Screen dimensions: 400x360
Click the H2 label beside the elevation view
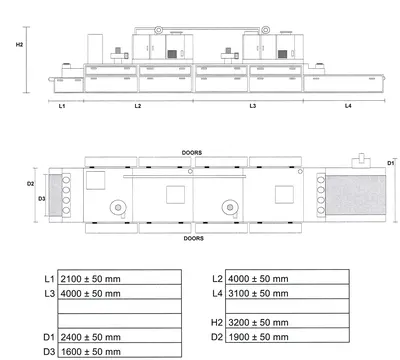point(19,44)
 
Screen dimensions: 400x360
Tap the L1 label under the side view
point(62,106)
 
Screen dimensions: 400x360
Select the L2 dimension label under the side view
point(138,106)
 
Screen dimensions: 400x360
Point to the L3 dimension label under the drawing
point(253,106)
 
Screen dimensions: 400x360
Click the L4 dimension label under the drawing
point(348,106)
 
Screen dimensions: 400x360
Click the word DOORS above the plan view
point(192,153)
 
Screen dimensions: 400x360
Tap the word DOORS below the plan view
point(194,238)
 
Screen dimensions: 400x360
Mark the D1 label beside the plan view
point(390,163)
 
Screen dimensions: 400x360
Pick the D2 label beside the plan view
point(30,184)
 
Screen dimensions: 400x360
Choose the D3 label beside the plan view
point(41,199)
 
